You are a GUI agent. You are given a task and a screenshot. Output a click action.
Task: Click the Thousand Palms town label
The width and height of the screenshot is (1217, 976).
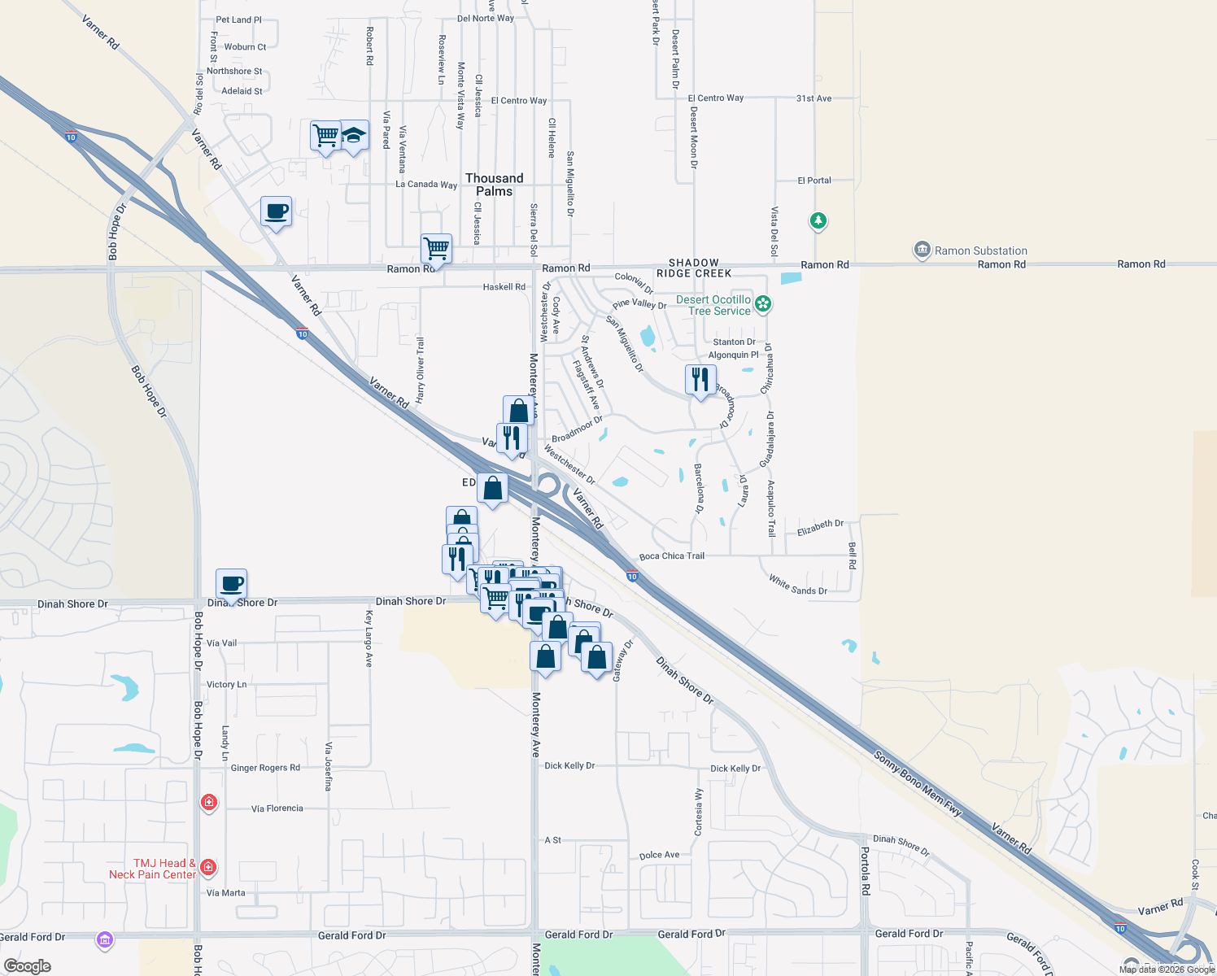click(494, 185)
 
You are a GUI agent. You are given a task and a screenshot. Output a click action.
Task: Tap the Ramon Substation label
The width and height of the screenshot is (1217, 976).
click(980, 251)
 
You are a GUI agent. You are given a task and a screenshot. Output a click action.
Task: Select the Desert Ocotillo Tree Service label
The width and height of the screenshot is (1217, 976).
click(713, 305)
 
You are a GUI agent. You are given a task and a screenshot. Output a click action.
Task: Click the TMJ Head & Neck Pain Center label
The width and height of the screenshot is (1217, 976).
click(153, 869)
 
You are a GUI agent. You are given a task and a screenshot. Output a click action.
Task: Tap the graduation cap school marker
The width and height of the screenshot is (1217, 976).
click(354, 135)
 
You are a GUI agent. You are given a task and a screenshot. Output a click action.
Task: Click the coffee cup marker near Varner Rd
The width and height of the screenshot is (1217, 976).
click(277, 211)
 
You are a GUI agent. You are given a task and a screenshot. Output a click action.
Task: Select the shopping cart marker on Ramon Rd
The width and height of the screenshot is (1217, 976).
click(437, 249)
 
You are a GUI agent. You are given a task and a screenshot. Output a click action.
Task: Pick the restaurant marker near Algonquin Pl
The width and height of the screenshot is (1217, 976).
click(700, 379)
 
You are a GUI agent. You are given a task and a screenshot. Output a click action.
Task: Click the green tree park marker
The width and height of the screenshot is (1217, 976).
click(818, 220)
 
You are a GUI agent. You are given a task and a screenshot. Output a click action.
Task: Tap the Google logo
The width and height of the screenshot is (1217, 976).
click(28, 966)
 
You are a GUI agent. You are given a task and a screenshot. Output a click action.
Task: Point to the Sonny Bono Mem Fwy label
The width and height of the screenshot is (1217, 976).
click(918, 784)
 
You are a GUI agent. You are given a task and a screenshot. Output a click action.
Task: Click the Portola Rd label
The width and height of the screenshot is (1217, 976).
click(866, 871)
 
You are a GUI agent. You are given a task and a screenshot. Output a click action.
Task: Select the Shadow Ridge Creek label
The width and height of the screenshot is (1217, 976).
click(694, 268)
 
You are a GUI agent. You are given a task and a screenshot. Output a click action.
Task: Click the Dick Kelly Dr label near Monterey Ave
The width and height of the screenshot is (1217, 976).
click(569, 765)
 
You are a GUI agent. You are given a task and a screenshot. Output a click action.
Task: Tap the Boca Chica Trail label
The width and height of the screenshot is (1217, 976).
click(672, 556)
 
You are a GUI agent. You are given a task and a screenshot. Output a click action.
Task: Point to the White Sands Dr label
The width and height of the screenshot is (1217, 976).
click(798, 585)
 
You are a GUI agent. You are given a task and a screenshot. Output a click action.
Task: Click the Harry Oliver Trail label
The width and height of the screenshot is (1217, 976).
click(421, 370)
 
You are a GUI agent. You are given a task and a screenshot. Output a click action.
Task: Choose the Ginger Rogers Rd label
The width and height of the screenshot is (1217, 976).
click(265, 768)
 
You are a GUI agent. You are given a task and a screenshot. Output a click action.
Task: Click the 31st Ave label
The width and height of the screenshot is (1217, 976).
click(814, 98)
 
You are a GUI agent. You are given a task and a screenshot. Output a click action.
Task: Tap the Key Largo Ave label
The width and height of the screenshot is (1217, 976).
click(369, 638)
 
